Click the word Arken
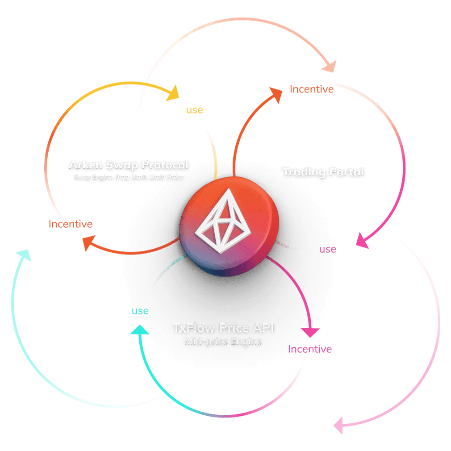coord(86,165)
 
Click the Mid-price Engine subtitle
coord(223,342)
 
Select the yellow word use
coord(194,109)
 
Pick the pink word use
coord(327,249)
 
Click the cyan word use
coord(140,311)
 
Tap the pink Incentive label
coord(309,349)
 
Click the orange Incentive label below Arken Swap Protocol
coord(71,224)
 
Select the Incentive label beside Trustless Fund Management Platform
coord(312,89)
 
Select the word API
coord(262,328)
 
